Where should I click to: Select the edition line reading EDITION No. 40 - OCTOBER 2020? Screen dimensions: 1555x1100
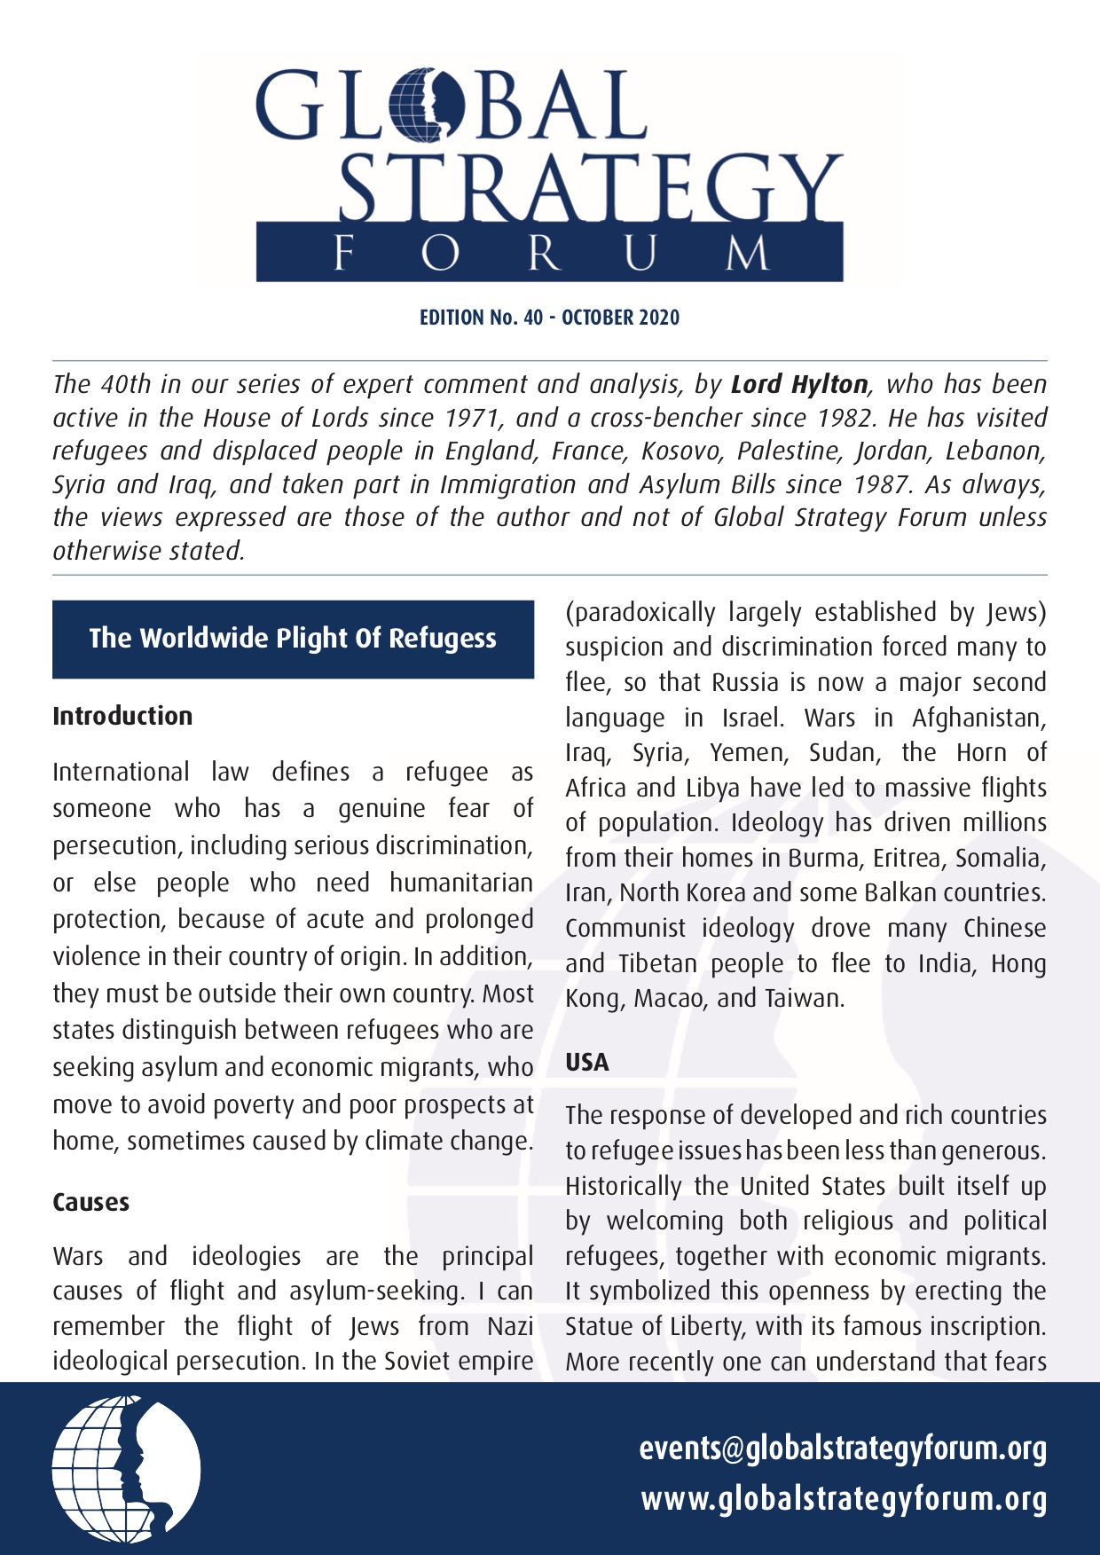coord(549,318)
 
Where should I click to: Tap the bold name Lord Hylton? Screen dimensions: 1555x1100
coord(799,384)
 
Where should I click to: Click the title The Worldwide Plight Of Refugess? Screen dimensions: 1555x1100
coord(293,639)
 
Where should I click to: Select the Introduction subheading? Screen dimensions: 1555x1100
coord(122,716)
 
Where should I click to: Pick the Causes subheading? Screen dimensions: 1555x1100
coord(90,1203)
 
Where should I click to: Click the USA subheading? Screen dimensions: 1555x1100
coord(587,1063)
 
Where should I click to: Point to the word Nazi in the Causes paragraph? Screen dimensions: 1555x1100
coord(510,1326)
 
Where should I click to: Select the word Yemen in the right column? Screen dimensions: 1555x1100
coord(749,753)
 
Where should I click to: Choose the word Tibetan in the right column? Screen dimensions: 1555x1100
coord(656,964)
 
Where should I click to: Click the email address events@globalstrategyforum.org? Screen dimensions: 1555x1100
coord(843,1449)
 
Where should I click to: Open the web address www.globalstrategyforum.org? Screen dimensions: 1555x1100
coord(844,1499)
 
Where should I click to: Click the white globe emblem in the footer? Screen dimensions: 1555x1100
coord(126,1467)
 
